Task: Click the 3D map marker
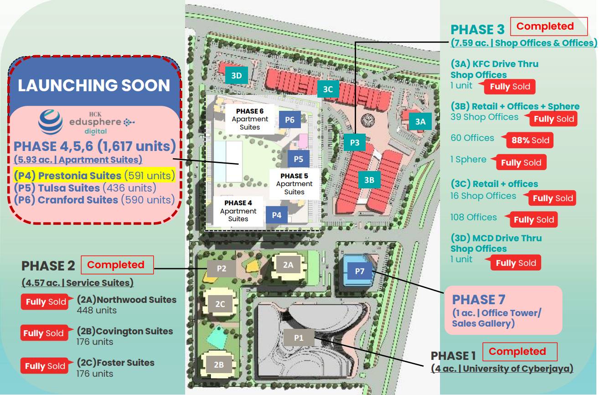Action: (236, 76)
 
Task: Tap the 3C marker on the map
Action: (328, 89)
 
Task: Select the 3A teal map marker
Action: (420, 121)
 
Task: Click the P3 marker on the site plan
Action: (355, 142)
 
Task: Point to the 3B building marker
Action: (369, 180)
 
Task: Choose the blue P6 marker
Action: (290, 120)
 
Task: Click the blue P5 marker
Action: (298, 159)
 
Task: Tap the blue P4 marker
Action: (276, 215)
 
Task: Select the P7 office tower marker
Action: (359, 271)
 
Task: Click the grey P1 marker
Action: (299, 338)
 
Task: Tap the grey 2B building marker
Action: (219, 364)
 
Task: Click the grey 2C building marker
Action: (220, 304)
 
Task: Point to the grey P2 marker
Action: (221, 269)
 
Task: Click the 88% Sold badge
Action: (530, 140)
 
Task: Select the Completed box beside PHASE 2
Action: (117, 265)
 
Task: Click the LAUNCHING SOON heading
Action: (94, 85)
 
